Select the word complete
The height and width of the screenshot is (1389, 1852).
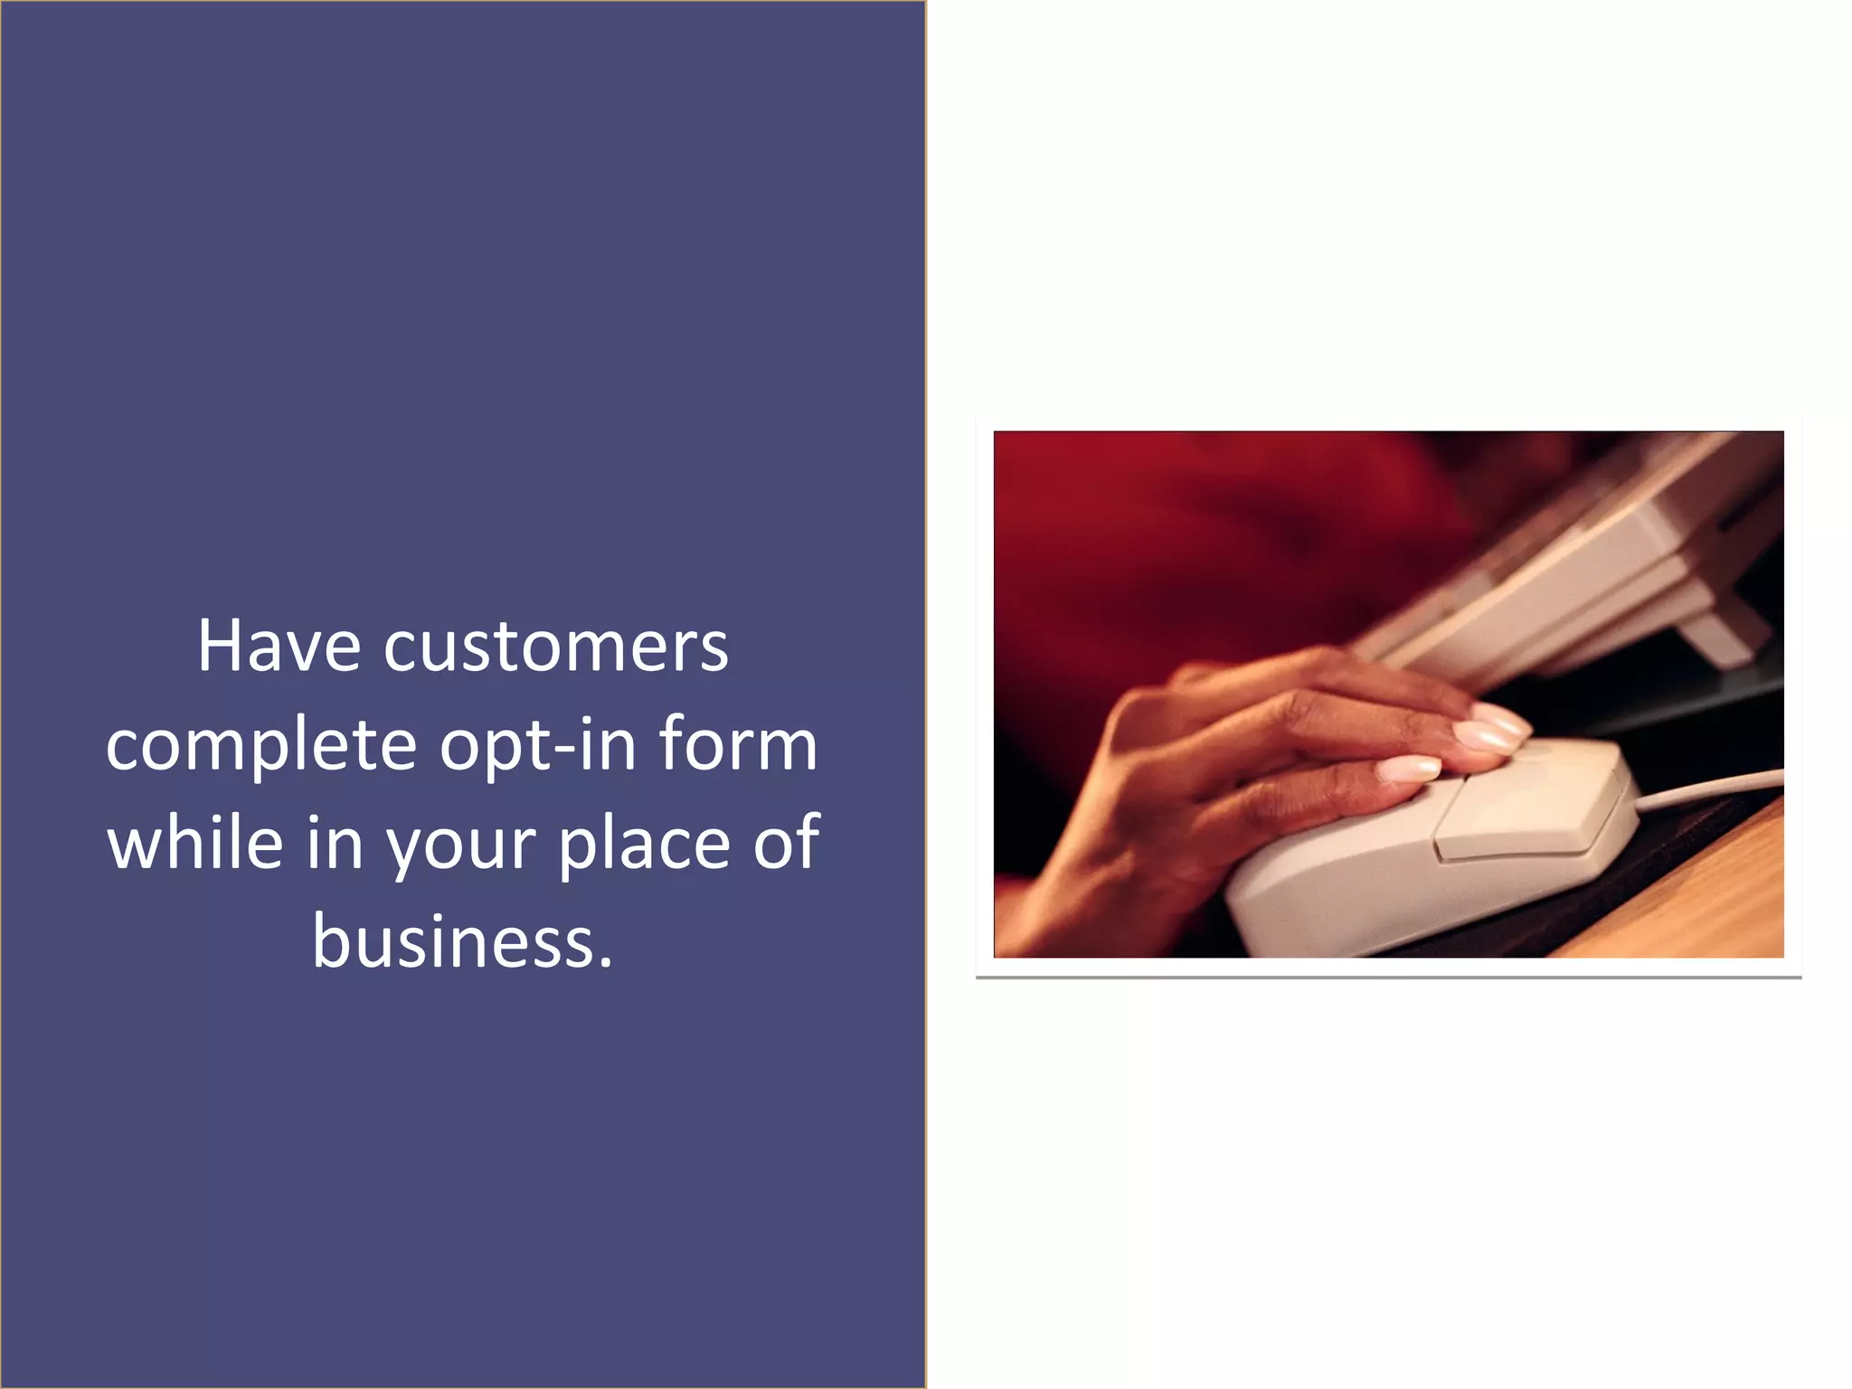pos(261,746)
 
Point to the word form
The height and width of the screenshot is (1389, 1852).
pos(737,744)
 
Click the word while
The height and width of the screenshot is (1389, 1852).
pos(195,843)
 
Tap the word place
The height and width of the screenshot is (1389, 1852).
pos(643,843)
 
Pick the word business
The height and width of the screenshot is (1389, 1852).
pos(462,940)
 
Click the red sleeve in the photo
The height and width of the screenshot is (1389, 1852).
pos(1176,543)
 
